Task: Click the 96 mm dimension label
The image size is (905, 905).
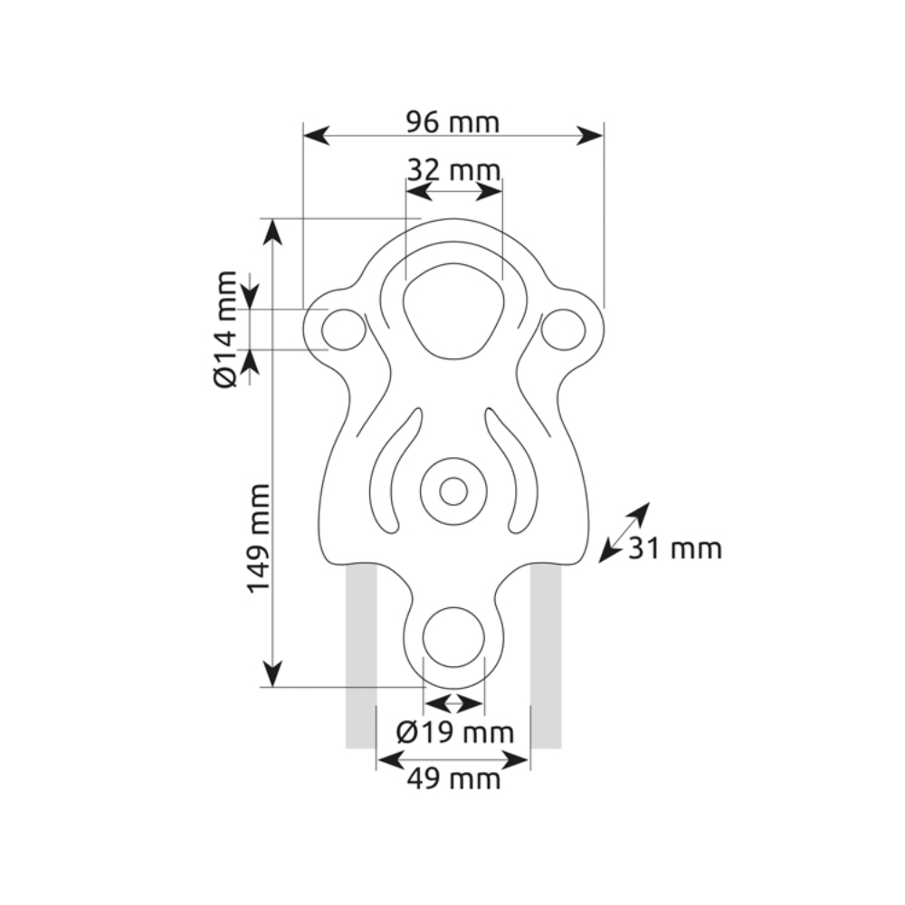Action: pos(452,122)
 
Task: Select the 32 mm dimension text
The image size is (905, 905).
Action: pos(453,170)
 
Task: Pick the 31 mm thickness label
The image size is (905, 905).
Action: pos(675,548)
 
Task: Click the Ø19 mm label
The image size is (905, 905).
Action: pos(455,733)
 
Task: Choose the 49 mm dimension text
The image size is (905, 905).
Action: pos(453,780)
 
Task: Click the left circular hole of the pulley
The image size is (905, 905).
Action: pos(344,329)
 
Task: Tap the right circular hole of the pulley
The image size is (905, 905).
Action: pos(563,329)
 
